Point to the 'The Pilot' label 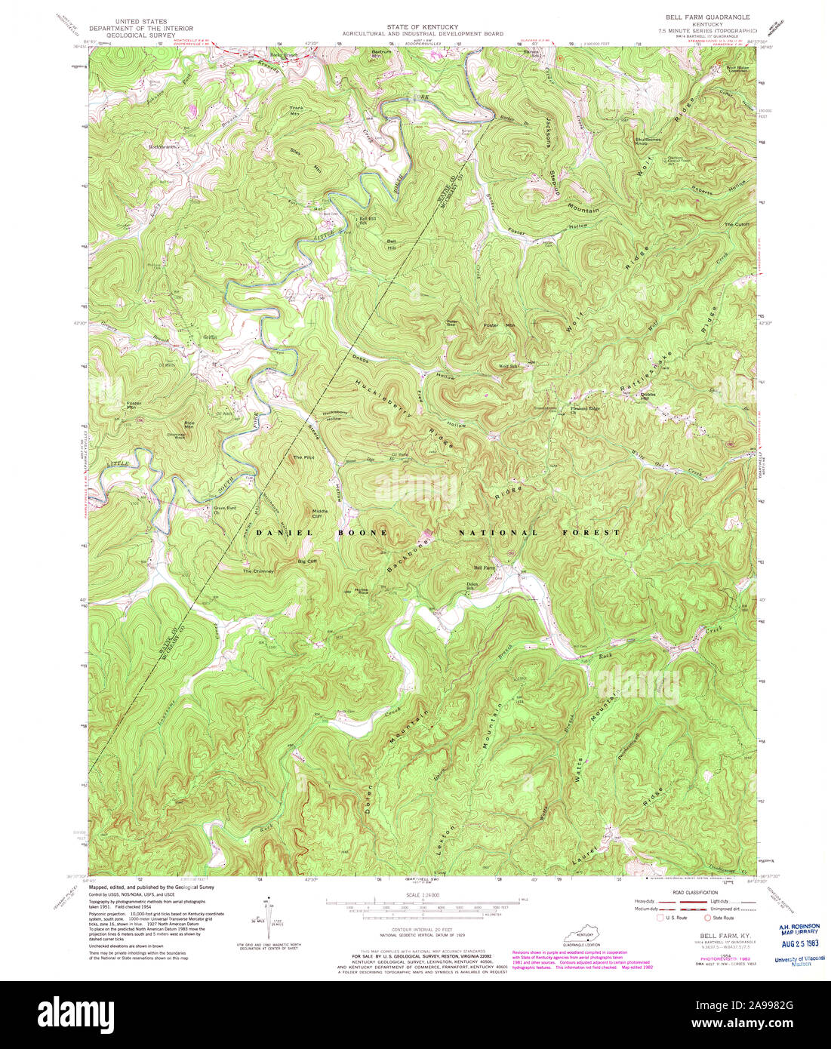pos(303,458)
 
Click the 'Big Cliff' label pos(307,561)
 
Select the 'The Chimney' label pos(257,571)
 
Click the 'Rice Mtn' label pos(189,425)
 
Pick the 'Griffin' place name pos(209,337)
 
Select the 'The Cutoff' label pos(737,225)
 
